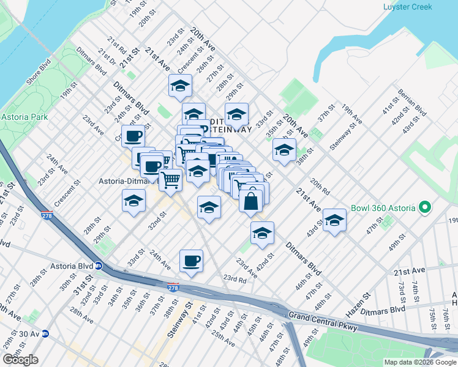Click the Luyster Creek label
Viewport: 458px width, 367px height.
click(407, 7)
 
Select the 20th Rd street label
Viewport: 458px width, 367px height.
click(320, 186)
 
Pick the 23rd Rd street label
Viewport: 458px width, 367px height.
click(235, 278)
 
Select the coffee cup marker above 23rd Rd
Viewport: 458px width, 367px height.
click(191, 261)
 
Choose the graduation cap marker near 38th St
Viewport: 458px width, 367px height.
click(284, 150)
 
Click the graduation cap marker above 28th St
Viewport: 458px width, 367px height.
click(134, 201)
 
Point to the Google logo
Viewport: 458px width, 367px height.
click(20, 360)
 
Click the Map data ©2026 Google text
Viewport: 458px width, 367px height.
click(419, 362)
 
